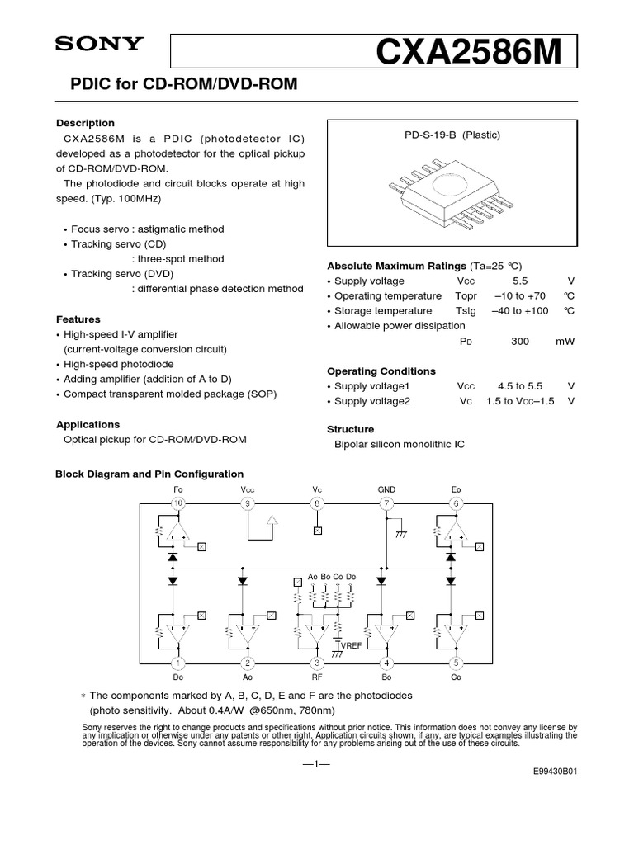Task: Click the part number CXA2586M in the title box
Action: tap(468, 54)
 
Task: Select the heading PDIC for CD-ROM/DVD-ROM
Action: tap(176, 84)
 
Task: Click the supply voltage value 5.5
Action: tap(520, 281)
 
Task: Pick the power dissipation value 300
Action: tap(520, 341)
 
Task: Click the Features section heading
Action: tap(78, 319)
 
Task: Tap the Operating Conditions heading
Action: tap(381, 371)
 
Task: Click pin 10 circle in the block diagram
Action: tap(177, 503)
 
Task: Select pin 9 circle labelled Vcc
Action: tap(247, 503)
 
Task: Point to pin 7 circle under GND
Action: tap(386, 503)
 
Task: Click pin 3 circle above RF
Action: tap(317, 663)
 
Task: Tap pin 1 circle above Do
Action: tap(177, 663)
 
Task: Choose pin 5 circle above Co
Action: tap(456, 663)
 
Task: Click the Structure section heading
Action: tap(351, 429)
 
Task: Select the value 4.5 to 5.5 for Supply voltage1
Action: tap(520, 385)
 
